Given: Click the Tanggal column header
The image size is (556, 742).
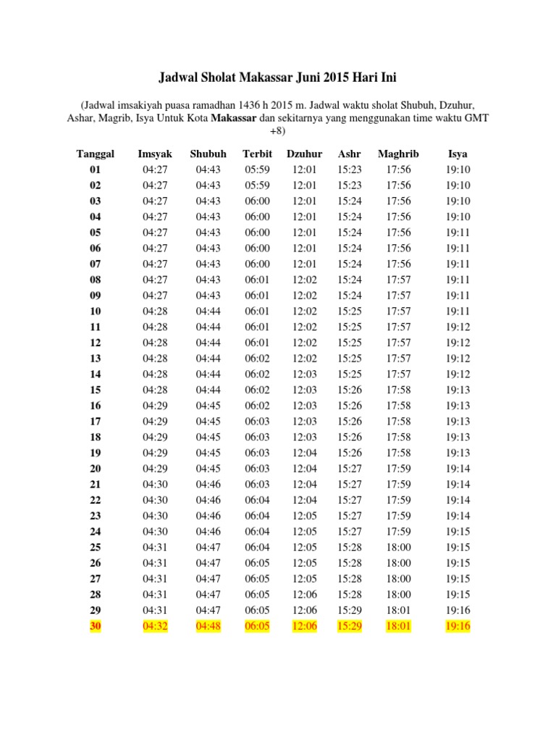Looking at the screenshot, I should (x=96, y=154).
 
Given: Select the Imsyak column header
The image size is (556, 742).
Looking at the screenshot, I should (x=155, y=154).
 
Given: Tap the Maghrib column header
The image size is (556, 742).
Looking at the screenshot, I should (x=398, y=154).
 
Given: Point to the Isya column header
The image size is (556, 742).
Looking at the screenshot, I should (x=458, y=154).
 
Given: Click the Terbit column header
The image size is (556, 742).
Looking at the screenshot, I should (x=257, y=154).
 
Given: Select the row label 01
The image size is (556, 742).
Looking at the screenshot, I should (x=96, y=170).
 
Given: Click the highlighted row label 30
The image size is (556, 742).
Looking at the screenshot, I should (x=96, y=627).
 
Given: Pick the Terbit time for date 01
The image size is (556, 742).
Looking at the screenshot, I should (x=257, y=170).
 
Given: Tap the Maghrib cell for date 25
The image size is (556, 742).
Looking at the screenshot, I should (x=398, y=548).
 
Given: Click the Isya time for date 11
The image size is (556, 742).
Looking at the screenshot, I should (x=458, y=327).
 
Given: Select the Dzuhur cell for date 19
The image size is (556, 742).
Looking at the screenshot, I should (x=304, y=454).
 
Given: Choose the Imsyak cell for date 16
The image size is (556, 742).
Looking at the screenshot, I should (x=155, y=406).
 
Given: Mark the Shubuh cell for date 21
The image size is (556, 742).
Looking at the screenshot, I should (x=208, y=485).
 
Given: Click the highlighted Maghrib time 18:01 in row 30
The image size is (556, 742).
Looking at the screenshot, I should (x=398, y=627).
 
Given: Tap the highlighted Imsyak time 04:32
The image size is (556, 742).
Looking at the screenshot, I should (x=155, y=627).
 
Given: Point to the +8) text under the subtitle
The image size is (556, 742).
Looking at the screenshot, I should (x=278, y=132).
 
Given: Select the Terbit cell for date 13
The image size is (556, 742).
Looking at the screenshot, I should (x=257, y=359).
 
